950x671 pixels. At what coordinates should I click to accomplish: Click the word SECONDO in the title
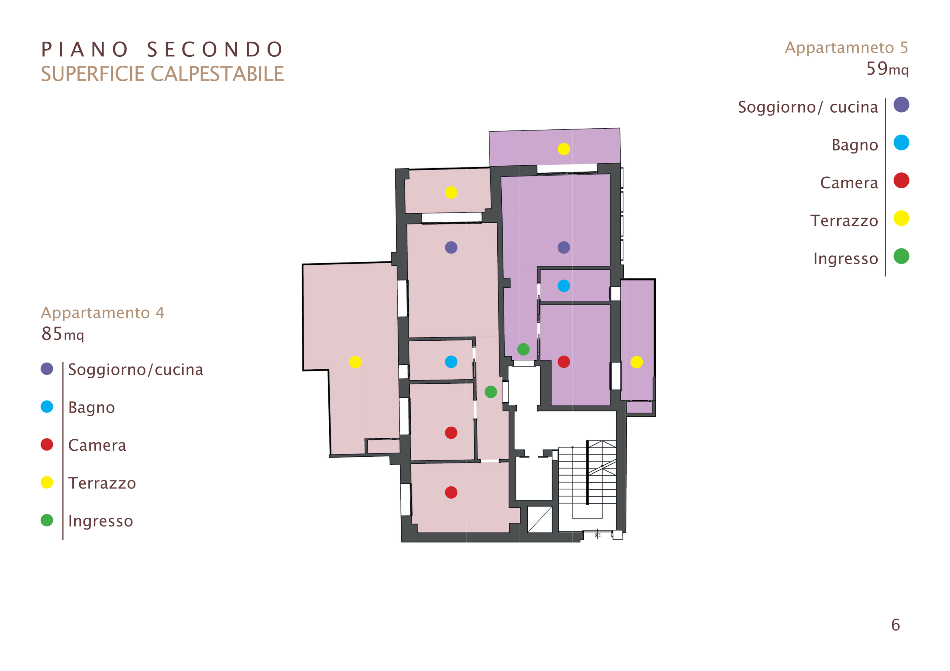(215, 50)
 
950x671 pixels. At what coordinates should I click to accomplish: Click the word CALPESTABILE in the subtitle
(217, 74)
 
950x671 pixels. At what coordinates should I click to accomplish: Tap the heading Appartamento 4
(103, 313)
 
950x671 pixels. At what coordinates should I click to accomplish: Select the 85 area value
(52, 333)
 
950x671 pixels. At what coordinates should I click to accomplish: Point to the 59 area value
(877, 68)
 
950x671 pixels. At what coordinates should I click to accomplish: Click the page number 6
(896, 625)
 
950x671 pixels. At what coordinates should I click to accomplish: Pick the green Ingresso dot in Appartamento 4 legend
(47, 520)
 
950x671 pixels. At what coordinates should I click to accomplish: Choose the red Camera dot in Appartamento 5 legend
(901, 180)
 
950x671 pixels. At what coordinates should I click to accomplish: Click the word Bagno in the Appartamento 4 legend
(91, 408)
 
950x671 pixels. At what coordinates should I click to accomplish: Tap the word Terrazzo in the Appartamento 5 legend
(844, 221)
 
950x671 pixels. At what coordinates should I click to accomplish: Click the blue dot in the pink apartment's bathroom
(451, 362)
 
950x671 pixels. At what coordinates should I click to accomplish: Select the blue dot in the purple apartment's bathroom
(564, 286)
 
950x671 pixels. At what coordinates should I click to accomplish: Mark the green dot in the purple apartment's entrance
(523, 349)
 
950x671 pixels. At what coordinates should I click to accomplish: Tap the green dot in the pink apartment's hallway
(491, 392)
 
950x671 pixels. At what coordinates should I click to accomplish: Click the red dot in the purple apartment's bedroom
(564, 362)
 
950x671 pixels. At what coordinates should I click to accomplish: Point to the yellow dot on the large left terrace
(356, 362)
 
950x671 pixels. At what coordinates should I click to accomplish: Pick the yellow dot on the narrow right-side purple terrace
(636, 362)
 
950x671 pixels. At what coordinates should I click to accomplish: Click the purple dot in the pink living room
(451, 248)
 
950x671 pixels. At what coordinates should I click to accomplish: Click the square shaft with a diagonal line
(540, 520)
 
